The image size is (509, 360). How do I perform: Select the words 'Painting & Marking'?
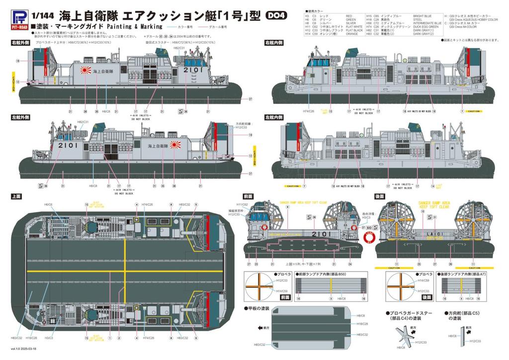pos(132,26)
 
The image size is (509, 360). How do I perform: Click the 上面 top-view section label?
pos(16,197)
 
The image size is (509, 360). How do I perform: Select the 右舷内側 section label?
pos(273,44)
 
